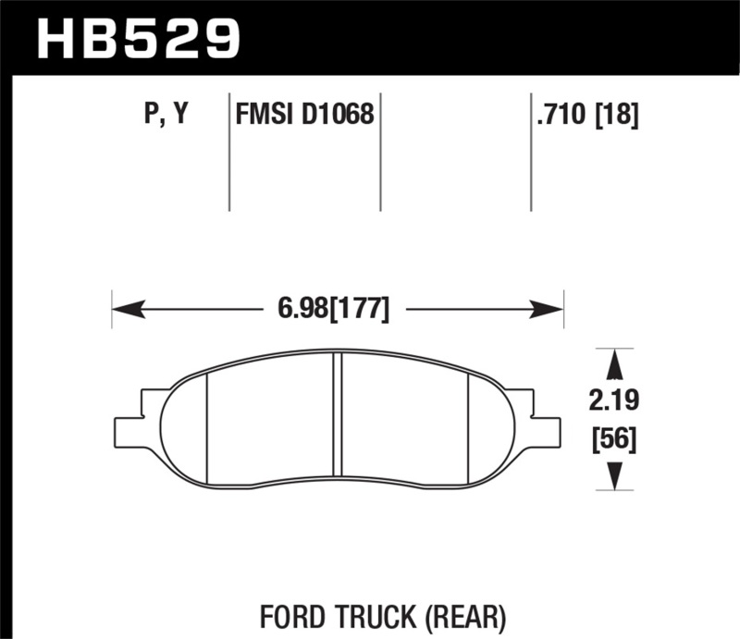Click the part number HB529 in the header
coord(137,38)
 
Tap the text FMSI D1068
coord(305,116)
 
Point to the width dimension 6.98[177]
coord(334,309)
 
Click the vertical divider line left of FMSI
coord(228,153)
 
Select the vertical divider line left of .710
coord(530,153)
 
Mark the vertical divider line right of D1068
coord(381,153)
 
